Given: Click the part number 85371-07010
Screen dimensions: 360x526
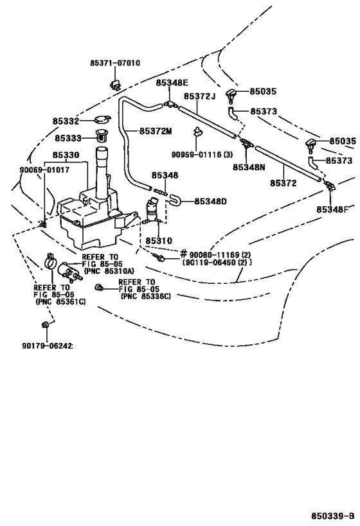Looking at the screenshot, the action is click(x=115, y=63).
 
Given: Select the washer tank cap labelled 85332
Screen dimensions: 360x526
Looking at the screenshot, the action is click(x=102, y=119).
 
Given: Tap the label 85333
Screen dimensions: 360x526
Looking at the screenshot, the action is click(x=68, y=138).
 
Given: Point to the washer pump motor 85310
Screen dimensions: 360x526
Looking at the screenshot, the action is click(x=153, y=211).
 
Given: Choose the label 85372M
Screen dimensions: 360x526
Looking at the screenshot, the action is click(x=156, y=131).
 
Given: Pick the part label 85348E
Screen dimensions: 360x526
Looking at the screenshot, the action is click(x=172, y=83).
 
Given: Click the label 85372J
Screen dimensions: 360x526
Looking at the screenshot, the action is click(x=199, y=96).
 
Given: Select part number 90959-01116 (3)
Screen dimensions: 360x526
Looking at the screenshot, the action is click(x=202, y=155).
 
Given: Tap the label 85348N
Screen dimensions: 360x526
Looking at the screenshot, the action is click(x=249, y=167).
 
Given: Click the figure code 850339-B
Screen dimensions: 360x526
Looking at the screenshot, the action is click(x=332, y=515).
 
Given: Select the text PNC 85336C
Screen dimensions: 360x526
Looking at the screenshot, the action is click(x=146, y=297).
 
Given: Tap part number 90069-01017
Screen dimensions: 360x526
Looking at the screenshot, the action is click(x=44, y=170).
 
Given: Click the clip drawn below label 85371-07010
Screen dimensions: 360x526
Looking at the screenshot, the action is click(x=114, y=85).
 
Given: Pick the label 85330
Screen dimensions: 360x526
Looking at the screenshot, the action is click(x=66, y=155).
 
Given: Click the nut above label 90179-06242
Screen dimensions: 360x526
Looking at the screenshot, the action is click(x=44, y=324).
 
